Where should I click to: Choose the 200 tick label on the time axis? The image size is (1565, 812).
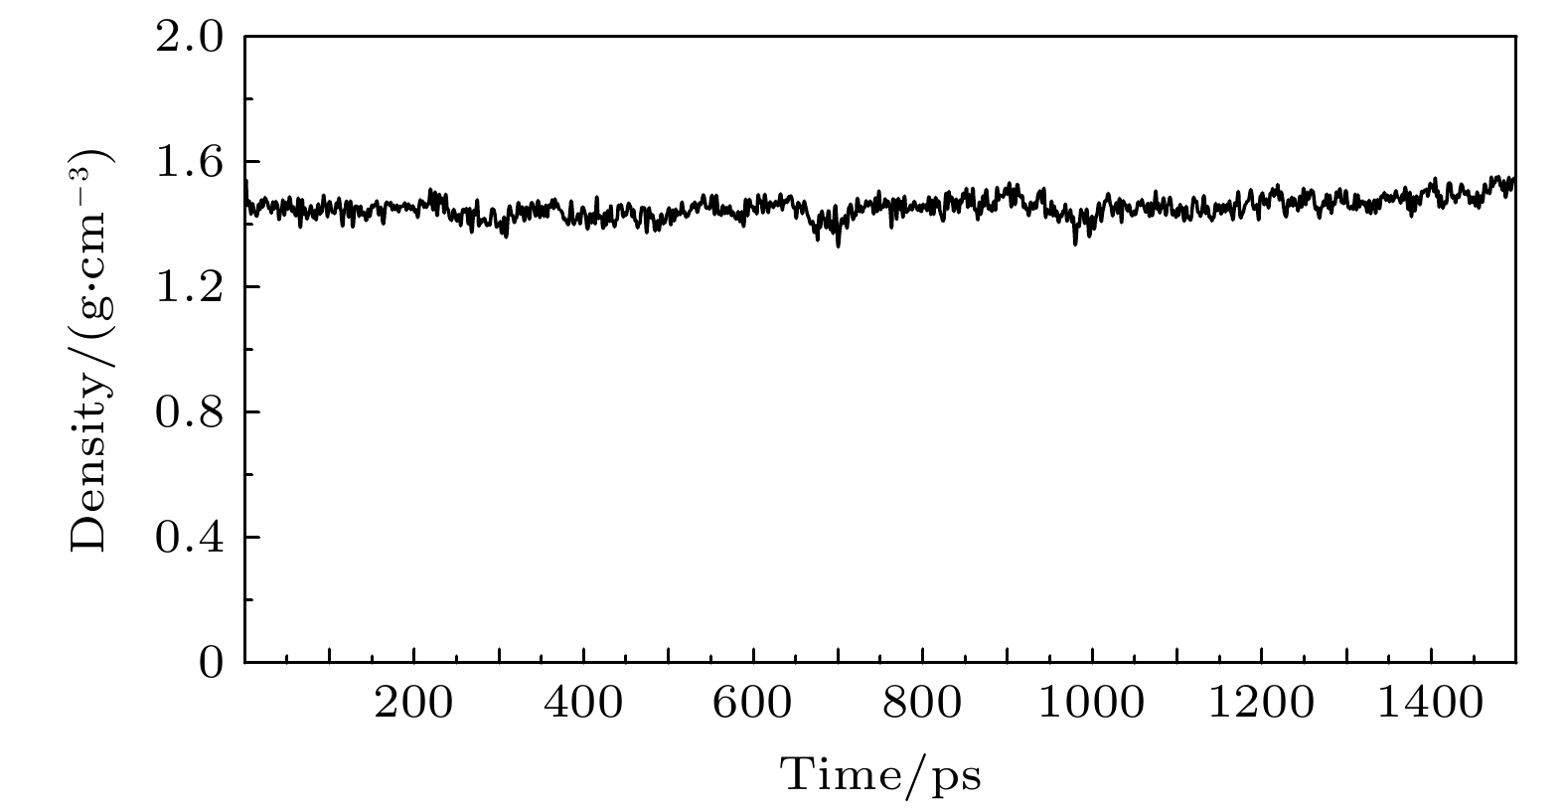point(413,705)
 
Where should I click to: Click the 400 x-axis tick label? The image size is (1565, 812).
point(583,705)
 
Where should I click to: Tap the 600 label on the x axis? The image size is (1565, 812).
point(753,705)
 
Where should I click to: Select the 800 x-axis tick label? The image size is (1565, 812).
point(923,705)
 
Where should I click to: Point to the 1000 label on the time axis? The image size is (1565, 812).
point(1092,705)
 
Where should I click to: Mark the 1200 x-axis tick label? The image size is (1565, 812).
point(1262,705)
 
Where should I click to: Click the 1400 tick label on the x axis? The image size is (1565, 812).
point(1431,705)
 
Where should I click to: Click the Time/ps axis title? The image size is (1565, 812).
point(880,774)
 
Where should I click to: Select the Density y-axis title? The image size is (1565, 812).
point(91,350)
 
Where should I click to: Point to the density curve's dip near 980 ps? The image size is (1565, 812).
point(1075,243)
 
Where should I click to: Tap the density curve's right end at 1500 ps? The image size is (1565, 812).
point(1513,180)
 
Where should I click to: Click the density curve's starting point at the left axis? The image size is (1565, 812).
point(246,184)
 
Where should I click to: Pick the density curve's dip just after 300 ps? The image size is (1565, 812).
point(506,235)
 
